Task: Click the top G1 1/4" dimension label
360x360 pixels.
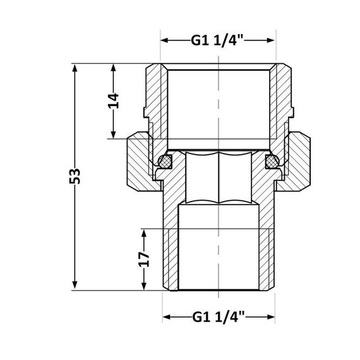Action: [x=218, y=40]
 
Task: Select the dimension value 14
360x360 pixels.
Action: [x=113, y=101]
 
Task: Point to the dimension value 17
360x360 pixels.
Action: [x=145, y=259]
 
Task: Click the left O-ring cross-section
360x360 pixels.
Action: [x=165, y=162]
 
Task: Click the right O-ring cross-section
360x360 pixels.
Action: [x=272, y=162]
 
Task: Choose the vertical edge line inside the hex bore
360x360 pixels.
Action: [x=217, y=178]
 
